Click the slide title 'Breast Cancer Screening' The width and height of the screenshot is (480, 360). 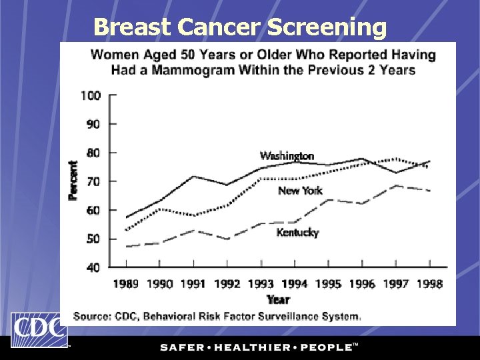point(240,27)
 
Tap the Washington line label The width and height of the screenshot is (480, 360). point(287,156)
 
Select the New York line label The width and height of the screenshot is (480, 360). point(299,191)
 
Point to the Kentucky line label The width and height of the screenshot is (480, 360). point(297,233)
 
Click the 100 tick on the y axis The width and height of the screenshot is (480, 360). point(91,95)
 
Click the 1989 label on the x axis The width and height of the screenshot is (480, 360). point(125,284)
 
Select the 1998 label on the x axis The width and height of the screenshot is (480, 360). point(429,284)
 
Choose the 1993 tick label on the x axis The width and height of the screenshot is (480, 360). point(261,284)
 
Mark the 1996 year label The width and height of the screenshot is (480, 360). point(362,284)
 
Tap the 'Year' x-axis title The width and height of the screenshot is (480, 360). point(278,299)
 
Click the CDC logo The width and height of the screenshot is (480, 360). point(38,330)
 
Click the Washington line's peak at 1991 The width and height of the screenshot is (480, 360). point(193,177)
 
